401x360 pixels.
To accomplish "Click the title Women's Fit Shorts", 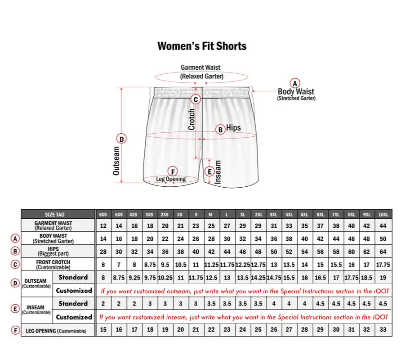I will [202, 46].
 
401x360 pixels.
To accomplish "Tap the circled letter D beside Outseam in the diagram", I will [121, 139].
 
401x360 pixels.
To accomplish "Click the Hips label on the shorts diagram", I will [233, 128].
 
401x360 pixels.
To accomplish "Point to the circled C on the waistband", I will [195, 99].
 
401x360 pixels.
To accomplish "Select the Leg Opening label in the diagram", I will [171, 179].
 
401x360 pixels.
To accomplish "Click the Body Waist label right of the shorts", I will [296, 92].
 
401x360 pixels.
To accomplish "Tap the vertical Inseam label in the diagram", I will [218, 172].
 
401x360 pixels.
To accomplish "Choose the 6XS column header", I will [103, 215].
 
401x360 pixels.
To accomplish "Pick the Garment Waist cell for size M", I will [211, 226].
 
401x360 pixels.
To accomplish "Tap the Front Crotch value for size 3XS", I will [149, 265].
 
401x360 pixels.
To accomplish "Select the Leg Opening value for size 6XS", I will [103, 330].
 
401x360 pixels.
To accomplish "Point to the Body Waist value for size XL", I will [243, 238].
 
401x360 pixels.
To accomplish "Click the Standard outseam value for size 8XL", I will [352, 278].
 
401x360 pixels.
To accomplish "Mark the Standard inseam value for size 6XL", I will [320, 304].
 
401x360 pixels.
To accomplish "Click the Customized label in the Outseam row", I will [74, 291].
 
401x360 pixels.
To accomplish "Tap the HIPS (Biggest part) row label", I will [53, 252].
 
